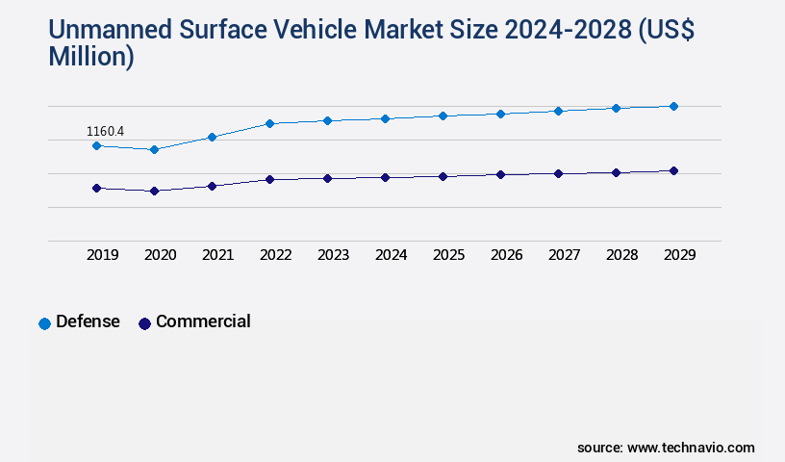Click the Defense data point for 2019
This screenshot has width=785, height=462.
coord(96,145)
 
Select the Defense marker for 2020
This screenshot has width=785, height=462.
coord(154,149)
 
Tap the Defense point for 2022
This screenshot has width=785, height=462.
coord(269,123)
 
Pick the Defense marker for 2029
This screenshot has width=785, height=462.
coord(673,106)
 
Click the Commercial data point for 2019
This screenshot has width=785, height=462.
coord(96,188)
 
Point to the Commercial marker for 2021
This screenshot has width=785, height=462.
coord(212,186)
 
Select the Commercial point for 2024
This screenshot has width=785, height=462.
coord(385,177)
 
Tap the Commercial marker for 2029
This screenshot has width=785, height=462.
coord(673,170)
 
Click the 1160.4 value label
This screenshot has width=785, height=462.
coord(106,131)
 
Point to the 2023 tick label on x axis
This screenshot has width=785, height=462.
coord(333,255)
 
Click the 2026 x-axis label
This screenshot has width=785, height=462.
coord(506,255)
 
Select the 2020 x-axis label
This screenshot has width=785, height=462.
coord(160,255)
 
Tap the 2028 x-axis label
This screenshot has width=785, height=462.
coord(621,255)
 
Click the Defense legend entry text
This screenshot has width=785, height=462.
coord(88,321)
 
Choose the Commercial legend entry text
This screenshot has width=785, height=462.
coord(203,321)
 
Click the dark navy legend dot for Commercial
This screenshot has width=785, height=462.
coord(144,323)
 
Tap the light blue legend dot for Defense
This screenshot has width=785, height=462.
coord(44,323)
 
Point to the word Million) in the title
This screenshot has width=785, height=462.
coord(91,57)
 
